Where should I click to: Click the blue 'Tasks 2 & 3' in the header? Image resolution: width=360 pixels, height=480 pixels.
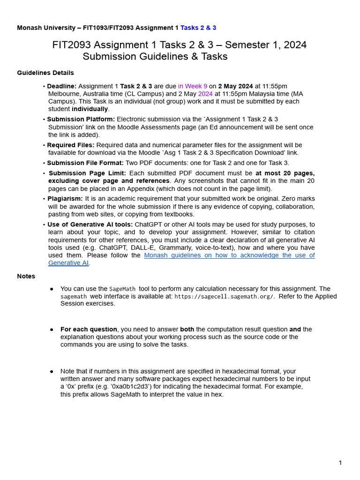point(198,28)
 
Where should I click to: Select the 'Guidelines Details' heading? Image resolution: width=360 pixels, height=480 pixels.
point(45,73)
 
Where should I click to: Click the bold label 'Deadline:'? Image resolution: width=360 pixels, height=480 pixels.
point(61,86)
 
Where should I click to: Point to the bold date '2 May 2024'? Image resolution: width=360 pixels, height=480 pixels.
point(235,86)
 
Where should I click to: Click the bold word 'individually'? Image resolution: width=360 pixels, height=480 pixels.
point(90,109)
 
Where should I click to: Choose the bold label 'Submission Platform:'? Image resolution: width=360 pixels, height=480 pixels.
point(81,120)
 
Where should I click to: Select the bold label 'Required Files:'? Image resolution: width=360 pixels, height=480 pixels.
point(70,145)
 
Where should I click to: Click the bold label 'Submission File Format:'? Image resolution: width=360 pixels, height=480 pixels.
point(85,163)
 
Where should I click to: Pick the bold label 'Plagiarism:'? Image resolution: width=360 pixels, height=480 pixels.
point(65,199)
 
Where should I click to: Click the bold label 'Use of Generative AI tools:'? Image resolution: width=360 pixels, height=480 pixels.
point(90,225)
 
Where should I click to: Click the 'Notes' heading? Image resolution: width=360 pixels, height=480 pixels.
point(26,276)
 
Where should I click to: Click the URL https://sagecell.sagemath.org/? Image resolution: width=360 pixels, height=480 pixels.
point(224,296)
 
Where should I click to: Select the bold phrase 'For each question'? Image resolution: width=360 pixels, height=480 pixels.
point(89,330)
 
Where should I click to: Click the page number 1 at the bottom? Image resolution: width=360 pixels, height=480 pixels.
point(340,463)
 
